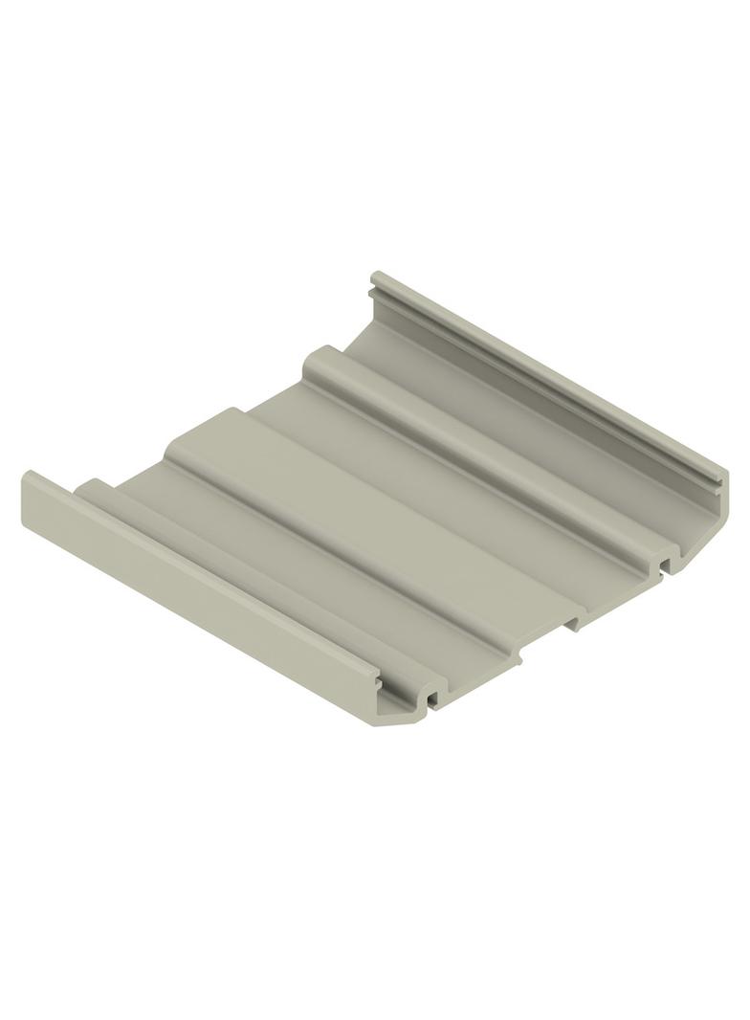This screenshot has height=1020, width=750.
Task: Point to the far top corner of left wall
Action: [29, 476]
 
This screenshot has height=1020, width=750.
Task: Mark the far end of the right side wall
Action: [376, 278]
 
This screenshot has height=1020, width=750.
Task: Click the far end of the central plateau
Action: [234, 414]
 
